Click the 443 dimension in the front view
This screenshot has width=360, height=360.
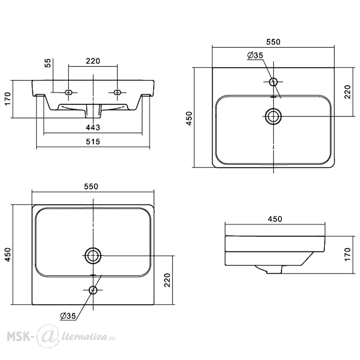point(93,127)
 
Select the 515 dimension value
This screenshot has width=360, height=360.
point(93,141)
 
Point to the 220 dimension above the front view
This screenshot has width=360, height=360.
point(93,61)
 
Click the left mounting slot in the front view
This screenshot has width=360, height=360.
point(68,92)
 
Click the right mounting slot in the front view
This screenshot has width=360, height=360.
point(117,92)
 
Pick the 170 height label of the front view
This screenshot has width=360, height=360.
point(8,99)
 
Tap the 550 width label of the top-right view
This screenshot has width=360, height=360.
point(273,42)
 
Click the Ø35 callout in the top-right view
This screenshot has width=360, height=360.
point(255,55)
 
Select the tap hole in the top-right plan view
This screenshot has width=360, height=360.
point(274,81)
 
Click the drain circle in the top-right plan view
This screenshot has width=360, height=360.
point(273,116)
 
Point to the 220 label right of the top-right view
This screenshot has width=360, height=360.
point(348,92)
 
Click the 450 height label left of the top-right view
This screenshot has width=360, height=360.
point(189,118)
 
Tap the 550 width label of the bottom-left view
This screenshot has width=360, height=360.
point(91,186)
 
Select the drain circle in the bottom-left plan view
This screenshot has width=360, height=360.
point(93,256)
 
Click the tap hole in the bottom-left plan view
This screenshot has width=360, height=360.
point(93,290)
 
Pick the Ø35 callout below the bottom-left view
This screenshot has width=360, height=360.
point(68,316)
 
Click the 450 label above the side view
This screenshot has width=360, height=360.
point(275,219)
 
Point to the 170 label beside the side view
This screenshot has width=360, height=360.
point(348,254)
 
